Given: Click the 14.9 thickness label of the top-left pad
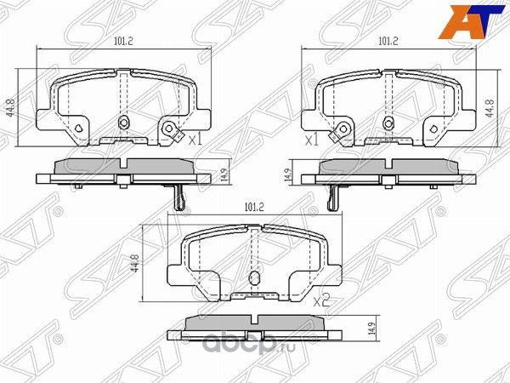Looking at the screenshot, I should tap(224, 173).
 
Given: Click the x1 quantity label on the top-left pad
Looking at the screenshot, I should tap(194, 139).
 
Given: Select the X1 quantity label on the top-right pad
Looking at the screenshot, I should tap(310, 139).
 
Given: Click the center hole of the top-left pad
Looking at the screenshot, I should tap(124, 122).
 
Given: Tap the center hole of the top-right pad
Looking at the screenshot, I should tap(388, 122).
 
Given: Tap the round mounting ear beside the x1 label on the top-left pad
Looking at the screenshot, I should tap(173, 129).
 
